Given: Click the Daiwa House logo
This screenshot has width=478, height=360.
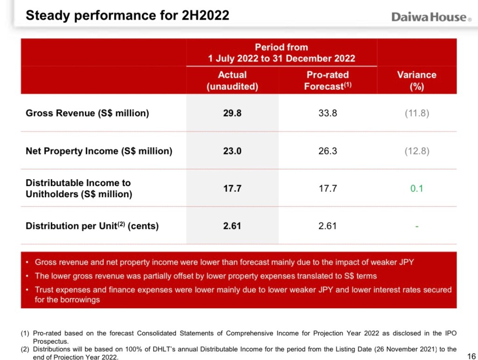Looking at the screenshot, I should [429, 17].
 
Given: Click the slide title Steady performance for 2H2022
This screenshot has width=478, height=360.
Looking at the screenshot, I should [127, 15].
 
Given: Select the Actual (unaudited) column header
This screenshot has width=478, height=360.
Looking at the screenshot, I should [232, 80].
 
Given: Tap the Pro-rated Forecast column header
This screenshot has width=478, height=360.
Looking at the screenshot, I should [327, 80].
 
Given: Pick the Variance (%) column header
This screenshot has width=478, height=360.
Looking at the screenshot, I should [416, 80].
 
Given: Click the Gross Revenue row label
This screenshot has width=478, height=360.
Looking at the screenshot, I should [87, 113].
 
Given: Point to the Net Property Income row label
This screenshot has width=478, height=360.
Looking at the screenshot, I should [99, 151].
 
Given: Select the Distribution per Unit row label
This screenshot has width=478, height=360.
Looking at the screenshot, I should [92, 226].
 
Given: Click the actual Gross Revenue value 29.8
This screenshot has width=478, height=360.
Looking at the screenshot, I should [232, 113].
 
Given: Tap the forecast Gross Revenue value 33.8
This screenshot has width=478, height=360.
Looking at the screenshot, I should [328, 113].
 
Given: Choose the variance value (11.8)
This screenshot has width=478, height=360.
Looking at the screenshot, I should [416, 113].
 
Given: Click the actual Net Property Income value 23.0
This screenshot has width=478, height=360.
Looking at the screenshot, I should [232, 151].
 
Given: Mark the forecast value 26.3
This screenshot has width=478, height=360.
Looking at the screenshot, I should [328, 151].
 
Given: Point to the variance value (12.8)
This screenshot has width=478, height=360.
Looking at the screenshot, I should [416, 151].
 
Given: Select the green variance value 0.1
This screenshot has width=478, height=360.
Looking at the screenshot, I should [416, 189].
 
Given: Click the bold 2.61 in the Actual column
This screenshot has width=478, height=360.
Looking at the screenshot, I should [232, 226].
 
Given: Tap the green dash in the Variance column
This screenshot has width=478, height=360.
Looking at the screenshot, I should [416, 227].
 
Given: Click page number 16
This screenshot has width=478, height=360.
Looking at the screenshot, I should [471, 356].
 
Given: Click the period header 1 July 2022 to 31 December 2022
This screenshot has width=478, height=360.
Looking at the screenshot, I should [281, 58].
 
